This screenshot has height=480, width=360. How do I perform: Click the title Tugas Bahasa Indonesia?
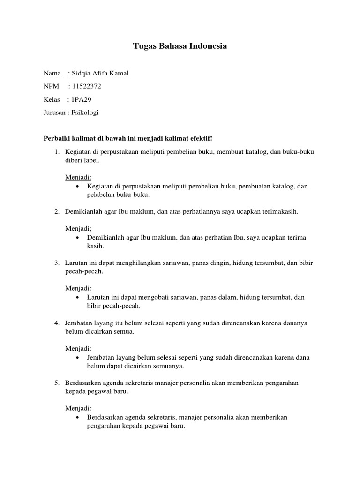(180, 46)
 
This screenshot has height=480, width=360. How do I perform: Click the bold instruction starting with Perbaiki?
(128, 139)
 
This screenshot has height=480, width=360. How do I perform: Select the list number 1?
(56, 152)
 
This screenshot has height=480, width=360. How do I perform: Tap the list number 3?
(56, 263)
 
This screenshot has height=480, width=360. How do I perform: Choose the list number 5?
(56, 382)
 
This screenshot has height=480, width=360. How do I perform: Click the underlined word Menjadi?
(78, 177)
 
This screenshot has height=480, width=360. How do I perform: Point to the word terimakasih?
(280, 211)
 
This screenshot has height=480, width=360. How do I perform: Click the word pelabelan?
(101, 195)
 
